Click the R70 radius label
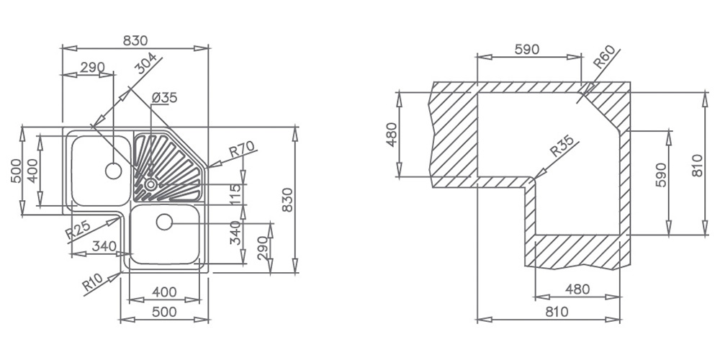(241, 150)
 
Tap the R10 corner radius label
(93, 282)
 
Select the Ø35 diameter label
(164, 98)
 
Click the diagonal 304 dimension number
(147, 64)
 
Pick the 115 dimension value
(236, 194)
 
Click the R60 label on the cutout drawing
(604, 58)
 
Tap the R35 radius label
(562, 146)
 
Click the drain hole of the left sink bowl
(113, 171)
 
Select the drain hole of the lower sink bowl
(164, 222)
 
